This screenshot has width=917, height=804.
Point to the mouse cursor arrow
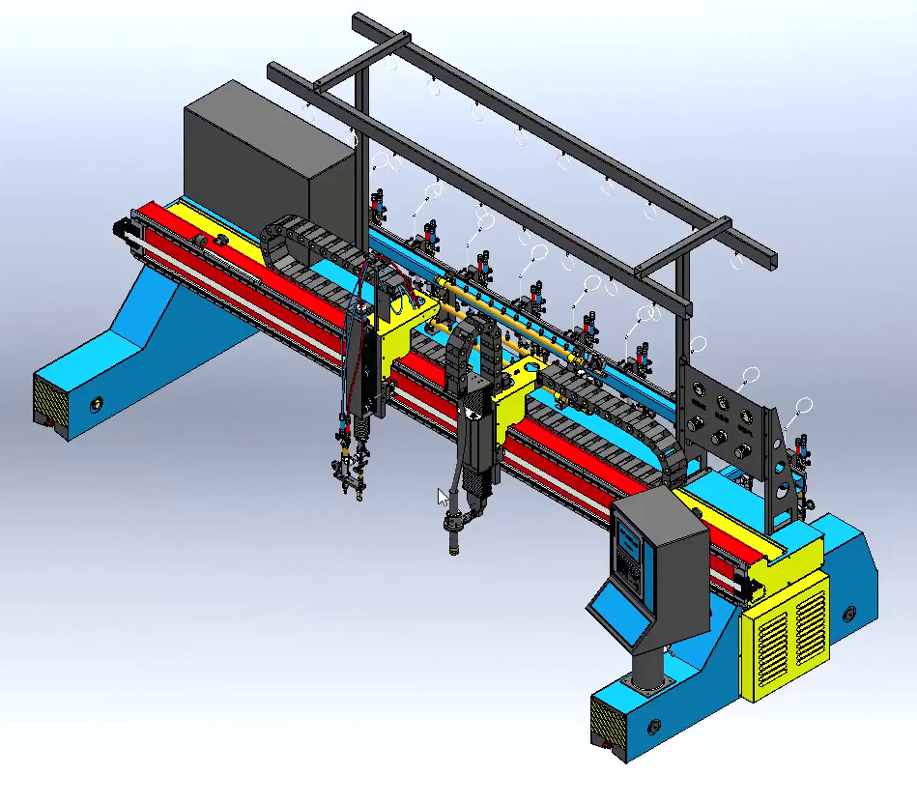coord(443,498)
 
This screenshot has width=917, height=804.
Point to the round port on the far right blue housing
coord(849,613)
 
